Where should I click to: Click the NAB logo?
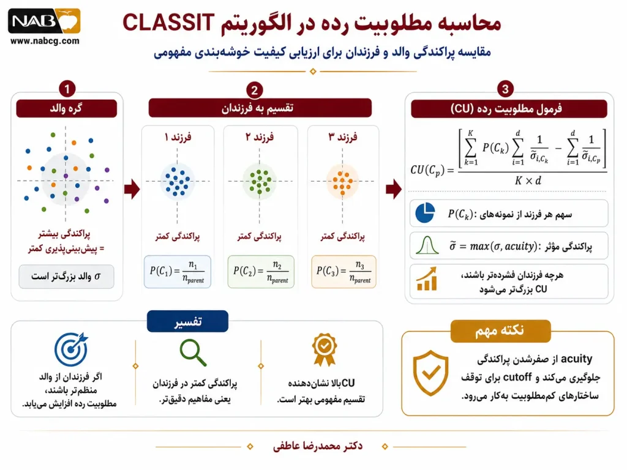(44, 21)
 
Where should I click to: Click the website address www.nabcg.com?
(45, 41)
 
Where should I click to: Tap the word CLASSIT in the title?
(168, 23)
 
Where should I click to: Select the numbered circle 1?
(67, 89)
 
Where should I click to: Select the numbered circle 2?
(254, 90)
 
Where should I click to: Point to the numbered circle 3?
(505, 89)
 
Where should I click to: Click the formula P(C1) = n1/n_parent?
(177, 272)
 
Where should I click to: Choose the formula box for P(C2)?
(261, 272)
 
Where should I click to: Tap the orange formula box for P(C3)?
(344, 272)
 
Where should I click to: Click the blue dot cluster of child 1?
(178, 181)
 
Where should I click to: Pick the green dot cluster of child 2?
(260, 182)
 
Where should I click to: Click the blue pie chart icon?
(425, 212)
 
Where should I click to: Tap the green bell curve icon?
(427, 245)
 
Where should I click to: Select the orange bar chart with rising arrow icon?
(427, 278)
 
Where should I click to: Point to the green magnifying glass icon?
(193, 352)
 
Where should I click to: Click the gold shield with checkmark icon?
(430, 373)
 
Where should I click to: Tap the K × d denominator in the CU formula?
(528, 181)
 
